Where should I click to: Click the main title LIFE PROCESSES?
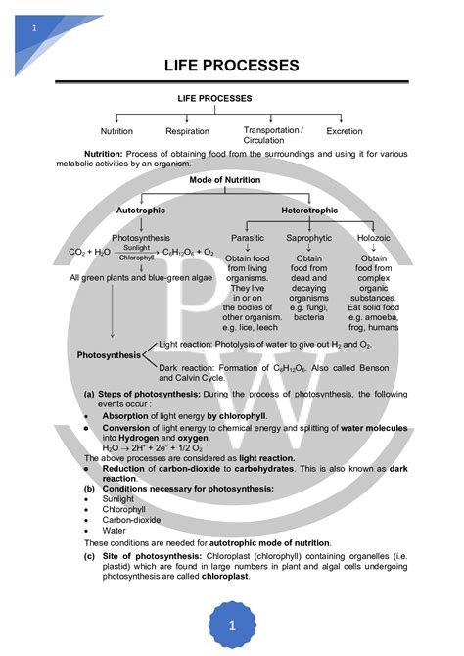231,66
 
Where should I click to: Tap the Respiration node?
187,131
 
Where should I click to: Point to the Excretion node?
345,131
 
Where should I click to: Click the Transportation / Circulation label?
272,135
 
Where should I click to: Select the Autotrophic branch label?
141,211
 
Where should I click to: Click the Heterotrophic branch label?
309,211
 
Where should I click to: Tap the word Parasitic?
248,238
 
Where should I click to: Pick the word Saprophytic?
308,238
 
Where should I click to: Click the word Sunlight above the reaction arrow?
136,249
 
